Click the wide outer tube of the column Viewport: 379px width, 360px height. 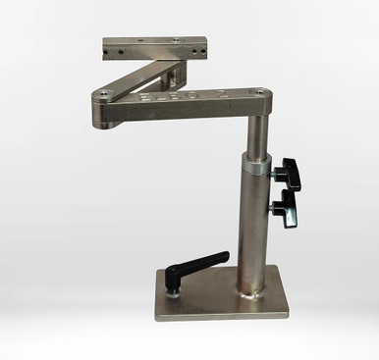click(253, 226)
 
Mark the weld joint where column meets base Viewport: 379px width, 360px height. click(253, 291)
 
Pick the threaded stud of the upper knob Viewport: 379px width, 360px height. click(275, 173)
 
